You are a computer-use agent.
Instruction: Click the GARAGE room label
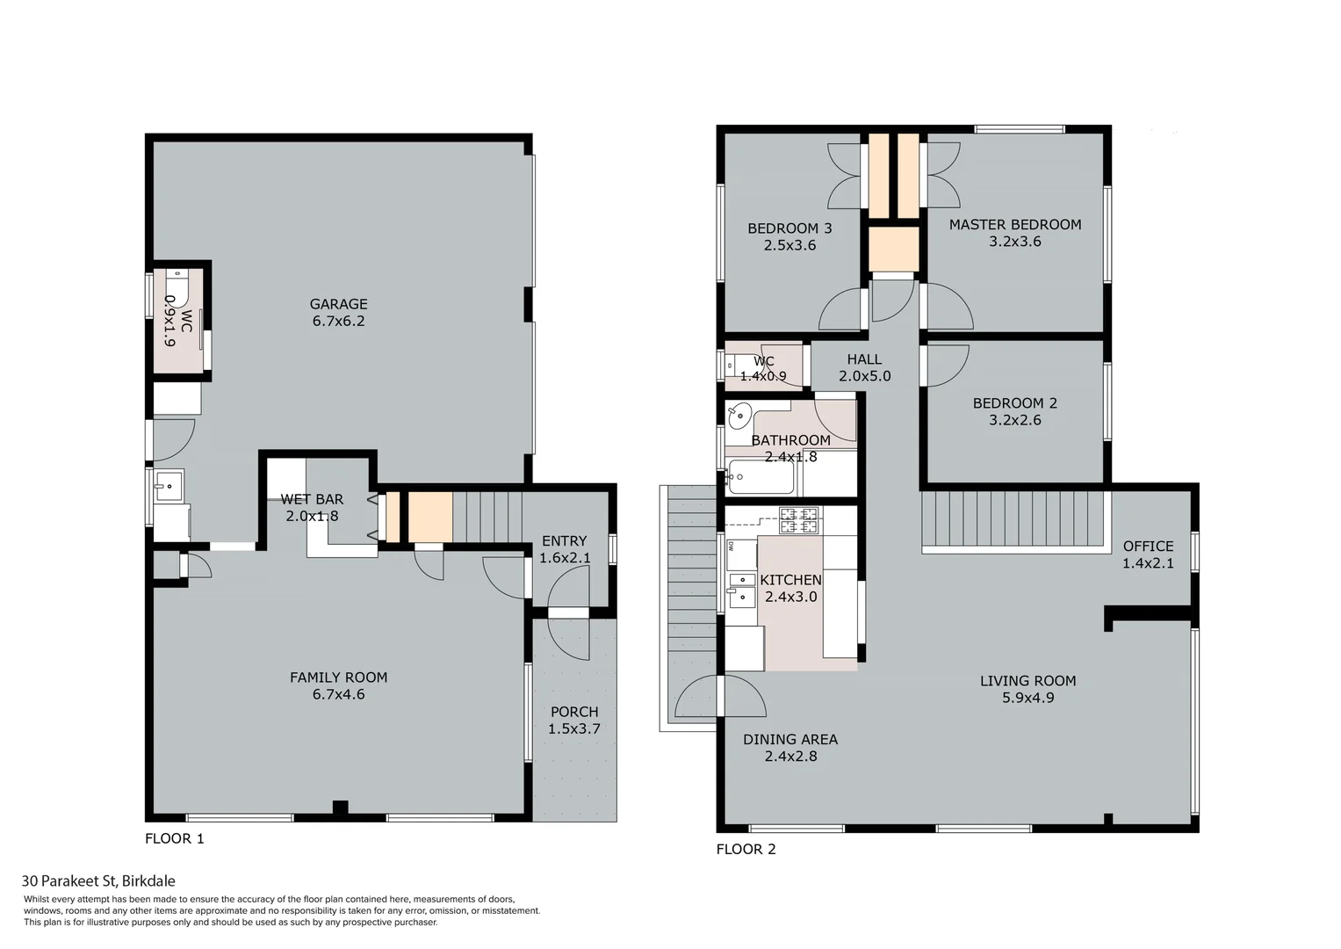click(338, 304)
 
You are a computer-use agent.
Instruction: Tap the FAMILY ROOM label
click(338, 677)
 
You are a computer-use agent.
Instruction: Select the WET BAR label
click(312, 499)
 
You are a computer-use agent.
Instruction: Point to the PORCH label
click(574, 712)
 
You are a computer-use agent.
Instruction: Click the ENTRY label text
click(564, 541)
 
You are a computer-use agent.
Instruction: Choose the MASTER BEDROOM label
click(1015, 225)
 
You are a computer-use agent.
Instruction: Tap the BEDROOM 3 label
click(789, 228)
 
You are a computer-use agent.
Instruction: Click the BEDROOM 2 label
click(1015, 403)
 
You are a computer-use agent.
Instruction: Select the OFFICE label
click(1148, 547)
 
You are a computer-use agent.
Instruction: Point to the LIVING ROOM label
click(1027, 681)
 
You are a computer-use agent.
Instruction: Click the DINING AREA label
click(790, 740)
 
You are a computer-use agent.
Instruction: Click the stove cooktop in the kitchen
click(799, 520)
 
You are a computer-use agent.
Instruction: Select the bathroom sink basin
click(739, 414)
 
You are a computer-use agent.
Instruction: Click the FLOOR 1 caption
click(175, 838)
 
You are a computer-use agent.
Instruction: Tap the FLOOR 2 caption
click(746, 849)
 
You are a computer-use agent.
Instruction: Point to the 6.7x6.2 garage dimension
click(338, 322)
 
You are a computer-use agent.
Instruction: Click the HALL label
click(864, 359)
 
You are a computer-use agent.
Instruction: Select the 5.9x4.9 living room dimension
click(1027, 698)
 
